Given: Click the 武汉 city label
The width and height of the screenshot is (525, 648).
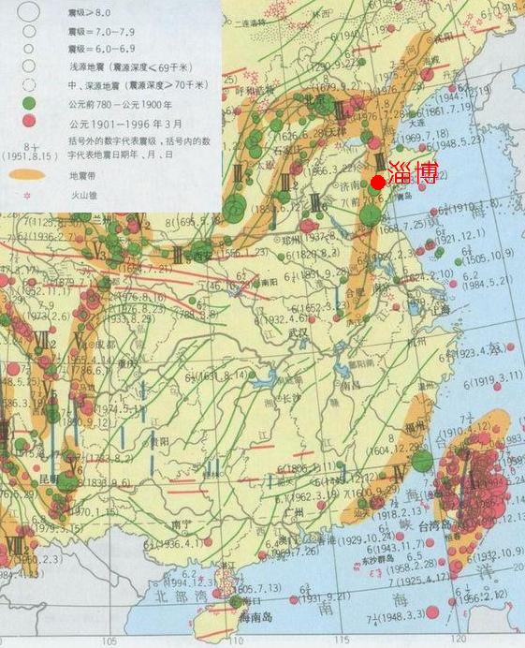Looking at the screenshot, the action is pyautogui.click(x=300, y=332).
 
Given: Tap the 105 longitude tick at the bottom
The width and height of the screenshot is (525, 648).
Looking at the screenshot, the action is pyautogui.click(x=110, y=641).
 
